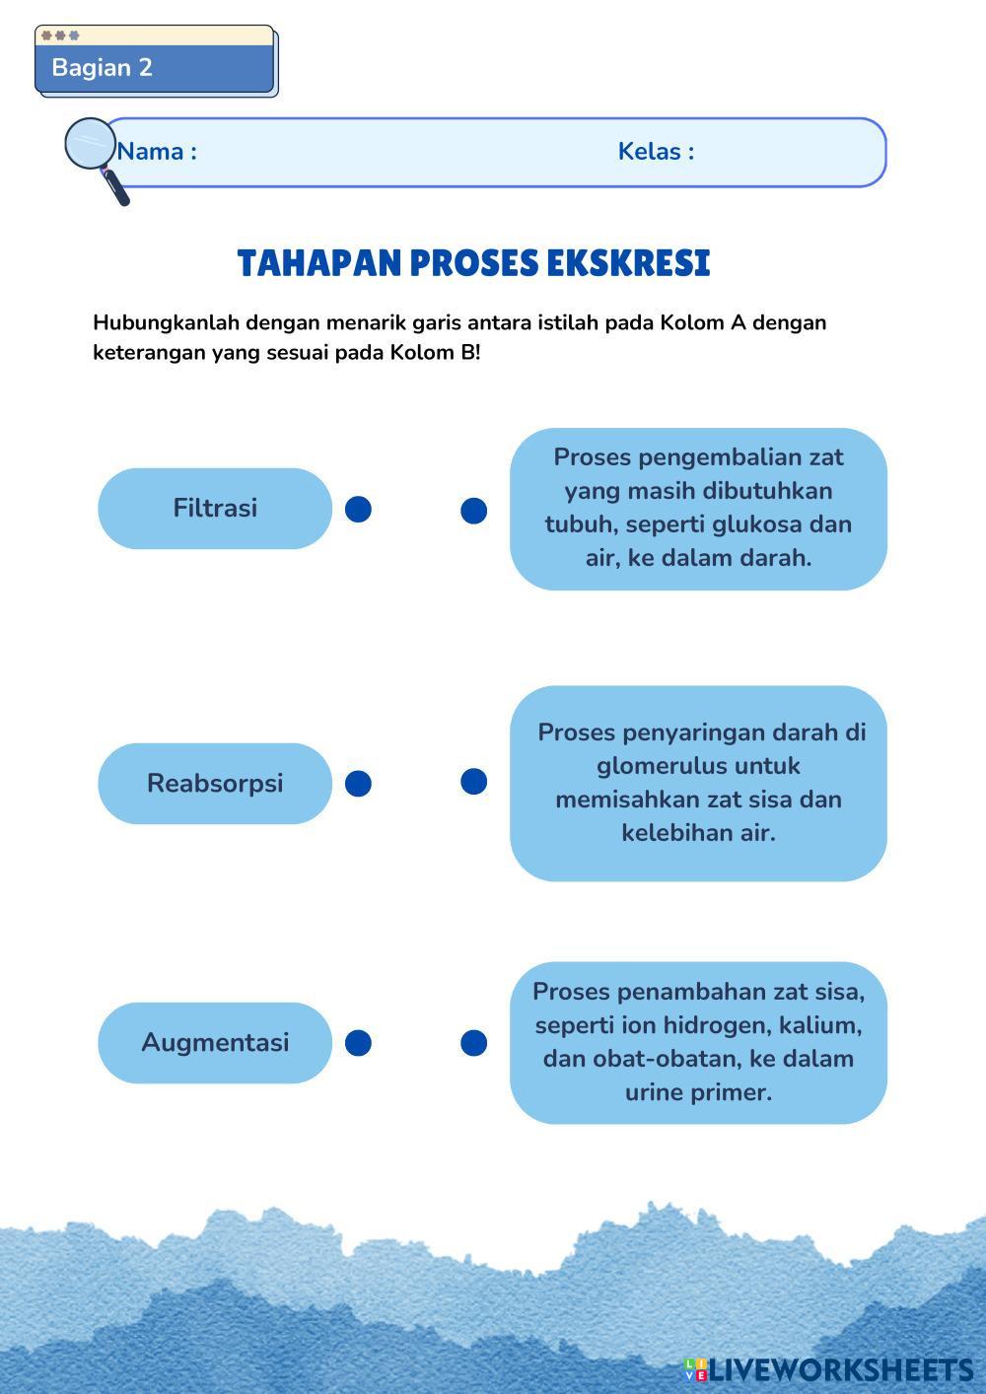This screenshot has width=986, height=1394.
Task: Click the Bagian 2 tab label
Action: pyautogui.click(x=103, y=68)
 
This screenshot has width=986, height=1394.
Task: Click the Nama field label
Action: pyautogui.click(x=157, y=152)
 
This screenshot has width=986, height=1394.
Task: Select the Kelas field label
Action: pyautogui.click(x=656, y=152)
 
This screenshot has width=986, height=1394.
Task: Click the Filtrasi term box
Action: pyautogui.click(x=215, y=509)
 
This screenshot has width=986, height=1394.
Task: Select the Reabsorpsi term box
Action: pyautogui.click(x=215, y=784)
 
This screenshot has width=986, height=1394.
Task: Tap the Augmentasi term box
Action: pyautogui.click(x=215, y=1043)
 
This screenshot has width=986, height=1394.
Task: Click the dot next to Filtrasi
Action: pyautogui.click(x=358, y=510)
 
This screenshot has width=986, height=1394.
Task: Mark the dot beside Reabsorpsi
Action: pyautogui.click(x=358, y=784)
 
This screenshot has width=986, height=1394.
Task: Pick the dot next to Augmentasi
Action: pyautogui.click(x=358, y=1043)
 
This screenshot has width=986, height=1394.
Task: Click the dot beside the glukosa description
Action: pyautogui.click(x=473, y=511)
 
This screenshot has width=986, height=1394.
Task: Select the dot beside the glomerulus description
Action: pyautogui.click(x=473, y=782)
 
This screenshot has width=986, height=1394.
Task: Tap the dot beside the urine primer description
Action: pyautogui.click(x=473, y=1043)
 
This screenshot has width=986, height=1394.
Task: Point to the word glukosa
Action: pyautogui.click(x=758, y=524)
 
